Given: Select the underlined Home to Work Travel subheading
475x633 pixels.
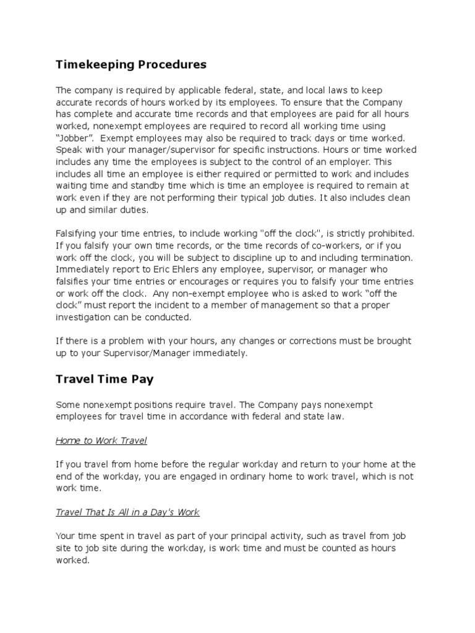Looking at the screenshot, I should [101, 441].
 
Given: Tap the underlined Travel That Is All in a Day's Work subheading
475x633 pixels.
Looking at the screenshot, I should [127, 512].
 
